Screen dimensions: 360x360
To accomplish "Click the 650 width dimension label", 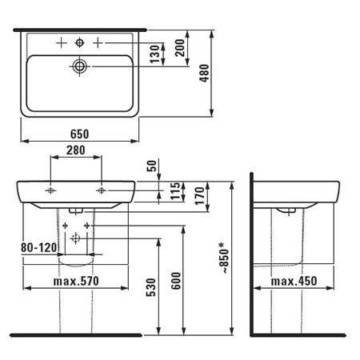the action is tap(79, 134).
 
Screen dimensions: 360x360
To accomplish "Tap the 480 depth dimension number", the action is tap(205, 73).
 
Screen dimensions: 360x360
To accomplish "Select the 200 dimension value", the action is tap(180, 47).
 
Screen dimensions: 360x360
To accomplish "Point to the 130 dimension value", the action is tap(155, 54).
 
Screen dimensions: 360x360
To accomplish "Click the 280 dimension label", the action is tap(76, 150).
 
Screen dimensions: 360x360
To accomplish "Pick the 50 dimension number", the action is tap(152, 166).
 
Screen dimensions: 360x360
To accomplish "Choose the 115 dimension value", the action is tap(175, 191).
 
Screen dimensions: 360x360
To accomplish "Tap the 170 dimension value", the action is tap(200, 196).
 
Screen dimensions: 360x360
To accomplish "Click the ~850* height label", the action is tap(224, 258).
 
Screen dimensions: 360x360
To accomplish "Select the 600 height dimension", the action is tap(176, 281).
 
